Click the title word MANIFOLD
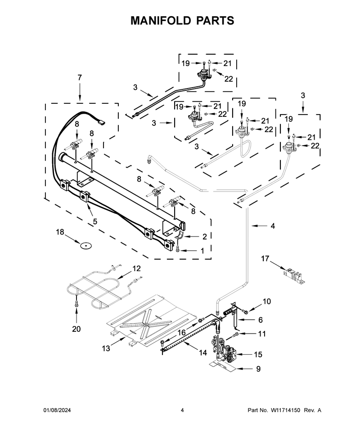[x=161, y=21]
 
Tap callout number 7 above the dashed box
[x=80, y=78]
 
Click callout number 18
[x=60, y=232]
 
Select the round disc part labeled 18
[x=86, y=245]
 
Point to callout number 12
[x=136, y=269]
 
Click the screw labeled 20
[x=76, y=304]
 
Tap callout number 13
[x=106, y=348]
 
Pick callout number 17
[x=265, y=258]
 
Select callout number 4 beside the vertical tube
[x=273, y=226]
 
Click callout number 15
[x=258, y=355]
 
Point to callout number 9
[x=258, y=369]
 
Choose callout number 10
[x=267, y=302]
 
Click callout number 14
[x=203, y=353]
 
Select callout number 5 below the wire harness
[x=95, y=222]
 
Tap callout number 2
[x=205, y=236]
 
